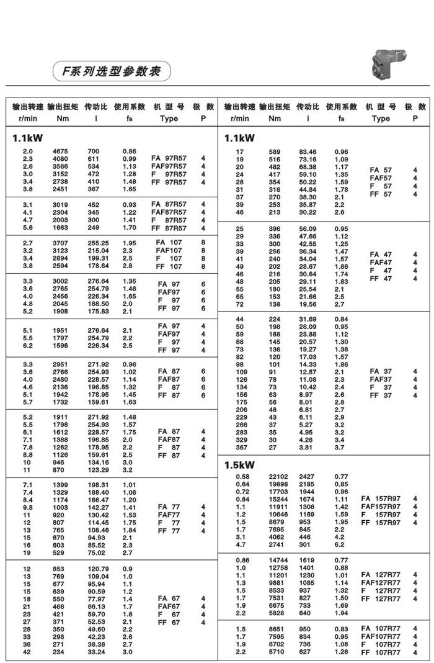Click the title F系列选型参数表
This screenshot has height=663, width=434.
click(x=110, y=71)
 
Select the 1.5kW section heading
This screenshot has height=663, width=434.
click(x=239, y=465)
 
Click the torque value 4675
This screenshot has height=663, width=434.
click(x=60, y=151)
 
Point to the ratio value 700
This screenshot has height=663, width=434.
click(x=94, y=151)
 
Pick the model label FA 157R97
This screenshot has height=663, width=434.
click(x=381, y=498)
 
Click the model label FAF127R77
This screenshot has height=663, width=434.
click(x=381, y=583)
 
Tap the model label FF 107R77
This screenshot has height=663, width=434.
click(x=381, y=652)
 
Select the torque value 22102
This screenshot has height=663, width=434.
click(x=278, y=476)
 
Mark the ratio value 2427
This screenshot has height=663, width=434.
click(x=308, y=476)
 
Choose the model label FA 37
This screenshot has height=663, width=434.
click(x=381, y=372)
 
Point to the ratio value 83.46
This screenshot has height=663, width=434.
click(x=308, y=151)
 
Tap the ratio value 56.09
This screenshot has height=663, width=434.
click(x=308, y=228)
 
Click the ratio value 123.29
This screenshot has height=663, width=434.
click(x=99, y=471)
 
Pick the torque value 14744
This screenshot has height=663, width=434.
click(x=278, y=560)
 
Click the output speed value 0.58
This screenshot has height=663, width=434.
click(x=243, y=476)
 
